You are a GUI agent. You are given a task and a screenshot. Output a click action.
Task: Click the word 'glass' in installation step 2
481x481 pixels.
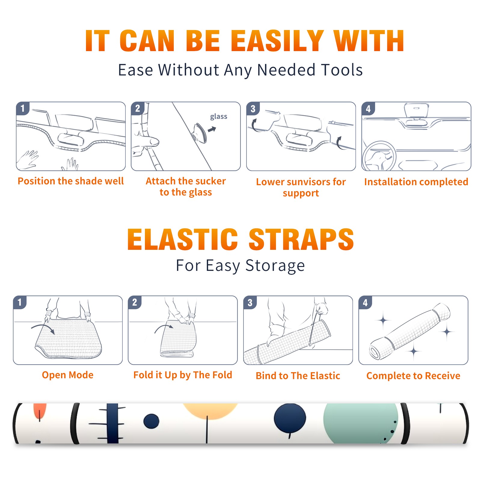[219, 117]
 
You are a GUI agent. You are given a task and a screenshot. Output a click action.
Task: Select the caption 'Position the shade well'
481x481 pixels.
[71, 181]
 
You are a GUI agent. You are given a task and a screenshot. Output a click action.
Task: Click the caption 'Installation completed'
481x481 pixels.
[416, 182]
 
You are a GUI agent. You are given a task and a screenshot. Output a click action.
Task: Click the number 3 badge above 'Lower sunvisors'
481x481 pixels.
[253, 109]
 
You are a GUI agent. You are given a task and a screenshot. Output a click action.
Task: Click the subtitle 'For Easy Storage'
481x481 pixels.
[240, 265]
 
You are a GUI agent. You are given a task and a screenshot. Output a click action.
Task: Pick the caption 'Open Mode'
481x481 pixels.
[68, 375]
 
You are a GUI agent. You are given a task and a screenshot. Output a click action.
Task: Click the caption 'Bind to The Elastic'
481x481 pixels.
[298, 376]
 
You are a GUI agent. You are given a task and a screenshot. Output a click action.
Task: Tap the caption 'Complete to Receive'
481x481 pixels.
[413, 376]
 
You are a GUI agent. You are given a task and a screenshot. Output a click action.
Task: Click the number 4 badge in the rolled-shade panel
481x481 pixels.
[365, 302]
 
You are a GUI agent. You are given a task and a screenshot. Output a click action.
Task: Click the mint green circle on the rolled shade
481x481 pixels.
[361, 422]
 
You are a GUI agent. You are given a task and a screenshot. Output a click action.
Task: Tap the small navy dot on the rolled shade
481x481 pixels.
[151, 421]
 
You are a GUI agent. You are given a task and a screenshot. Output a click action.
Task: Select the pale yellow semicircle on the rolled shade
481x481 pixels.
[210, 411]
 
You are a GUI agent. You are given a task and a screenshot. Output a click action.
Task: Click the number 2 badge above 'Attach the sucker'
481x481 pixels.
[138, 109]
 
